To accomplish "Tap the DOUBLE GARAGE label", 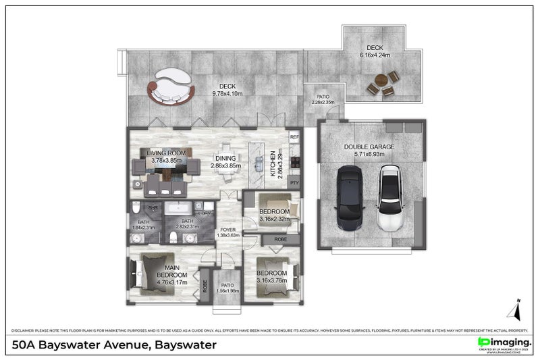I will pos(369,147).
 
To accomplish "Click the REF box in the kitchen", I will pos(294,137).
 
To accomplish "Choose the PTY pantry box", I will pos(294,183).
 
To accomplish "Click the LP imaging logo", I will pos(503,343).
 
